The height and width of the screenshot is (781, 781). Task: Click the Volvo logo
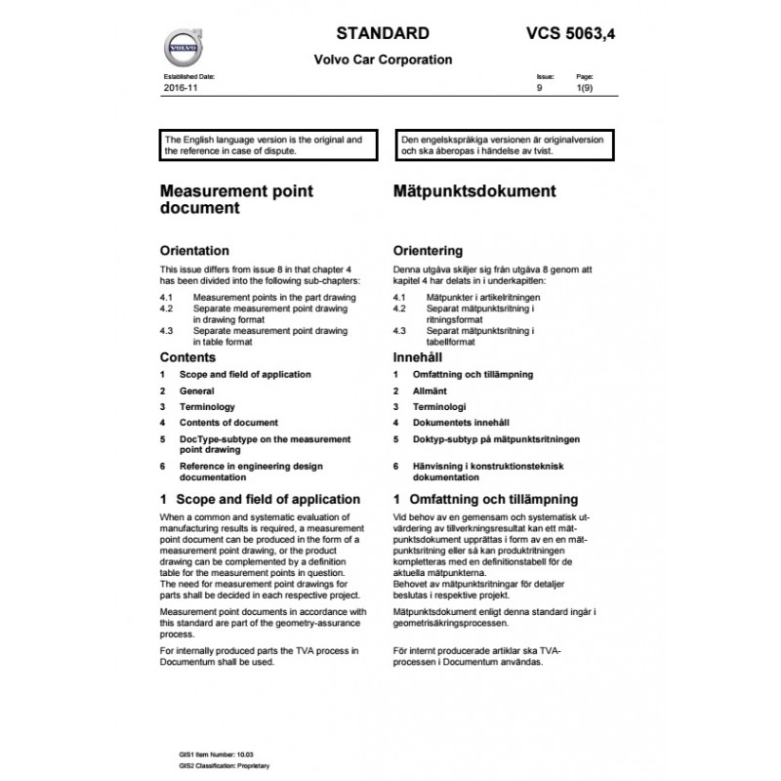pyautogui.click(x=182, y=47)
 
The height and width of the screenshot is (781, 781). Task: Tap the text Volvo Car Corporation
pyautogui.click(x=383, y=59)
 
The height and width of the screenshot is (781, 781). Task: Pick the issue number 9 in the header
pyautogui.click(x=540, y=88)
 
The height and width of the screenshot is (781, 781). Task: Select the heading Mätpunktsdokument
pyautogui.click(x=474, y=191)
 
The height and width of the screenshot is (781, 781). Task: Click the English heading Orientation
pyautogui.click(x=194, y=251)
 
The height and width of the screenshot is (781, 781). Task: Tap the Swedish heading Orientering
pyautogui.click(x=428, y=251)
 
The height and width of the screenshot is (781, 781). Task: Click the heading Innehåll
pyautogui.click(x=417, y=358)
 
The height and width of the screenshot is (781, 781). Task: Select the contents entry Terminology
pyautogui.click(x=207, y=406)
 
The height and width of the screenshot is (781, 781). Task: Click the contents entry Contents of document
pyautogui.click(x=228, y=423)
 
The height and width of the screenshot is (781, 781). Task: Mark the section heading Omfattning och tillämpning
pyautogui.click(x=485, y=499)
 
